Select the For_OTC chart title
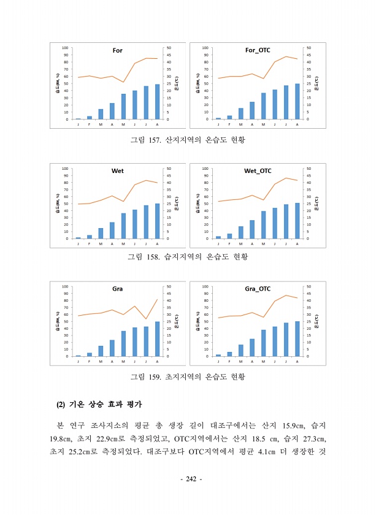(257, 50)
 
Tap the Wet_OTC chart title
(257, 170)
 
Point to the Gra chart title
(117, 288)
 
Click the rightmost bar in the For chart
(157, 102)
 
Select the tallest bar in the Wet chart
(157, 221)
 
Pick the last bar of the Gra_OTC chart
(297, 339)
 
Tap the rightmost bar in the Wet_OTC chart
(297, 221)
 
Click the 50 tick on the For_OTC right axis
(308, 48)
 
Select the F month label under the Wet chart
(90, 244)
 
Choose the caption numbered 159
(187, 376)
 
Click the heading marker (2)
(60, 405)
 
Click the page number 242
(188, 478)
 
